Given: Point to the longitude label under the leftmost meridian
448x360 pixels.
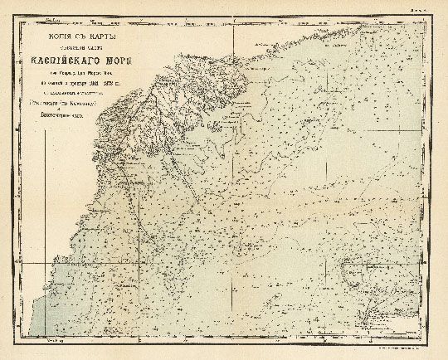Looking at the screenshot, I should (54, 340).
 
